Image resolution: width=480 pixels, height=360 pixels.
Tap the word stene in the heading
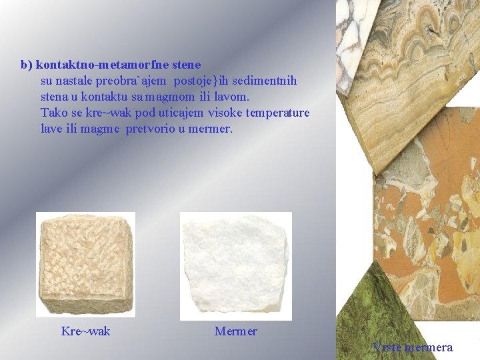coord(187,65)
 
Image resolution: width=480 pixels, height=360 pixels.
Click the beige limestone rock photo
coord(85,265)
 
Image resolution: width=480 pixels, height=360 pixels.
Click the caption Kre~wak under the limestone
coord(85,331)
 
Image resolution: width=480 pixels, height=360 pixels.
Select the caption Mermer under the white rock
coord(235,331)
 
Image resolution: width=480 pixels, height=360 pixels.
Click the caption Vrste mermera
coord(413,347)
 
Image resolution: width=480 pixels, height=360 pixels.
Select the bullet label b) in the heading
coord(26,65)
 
